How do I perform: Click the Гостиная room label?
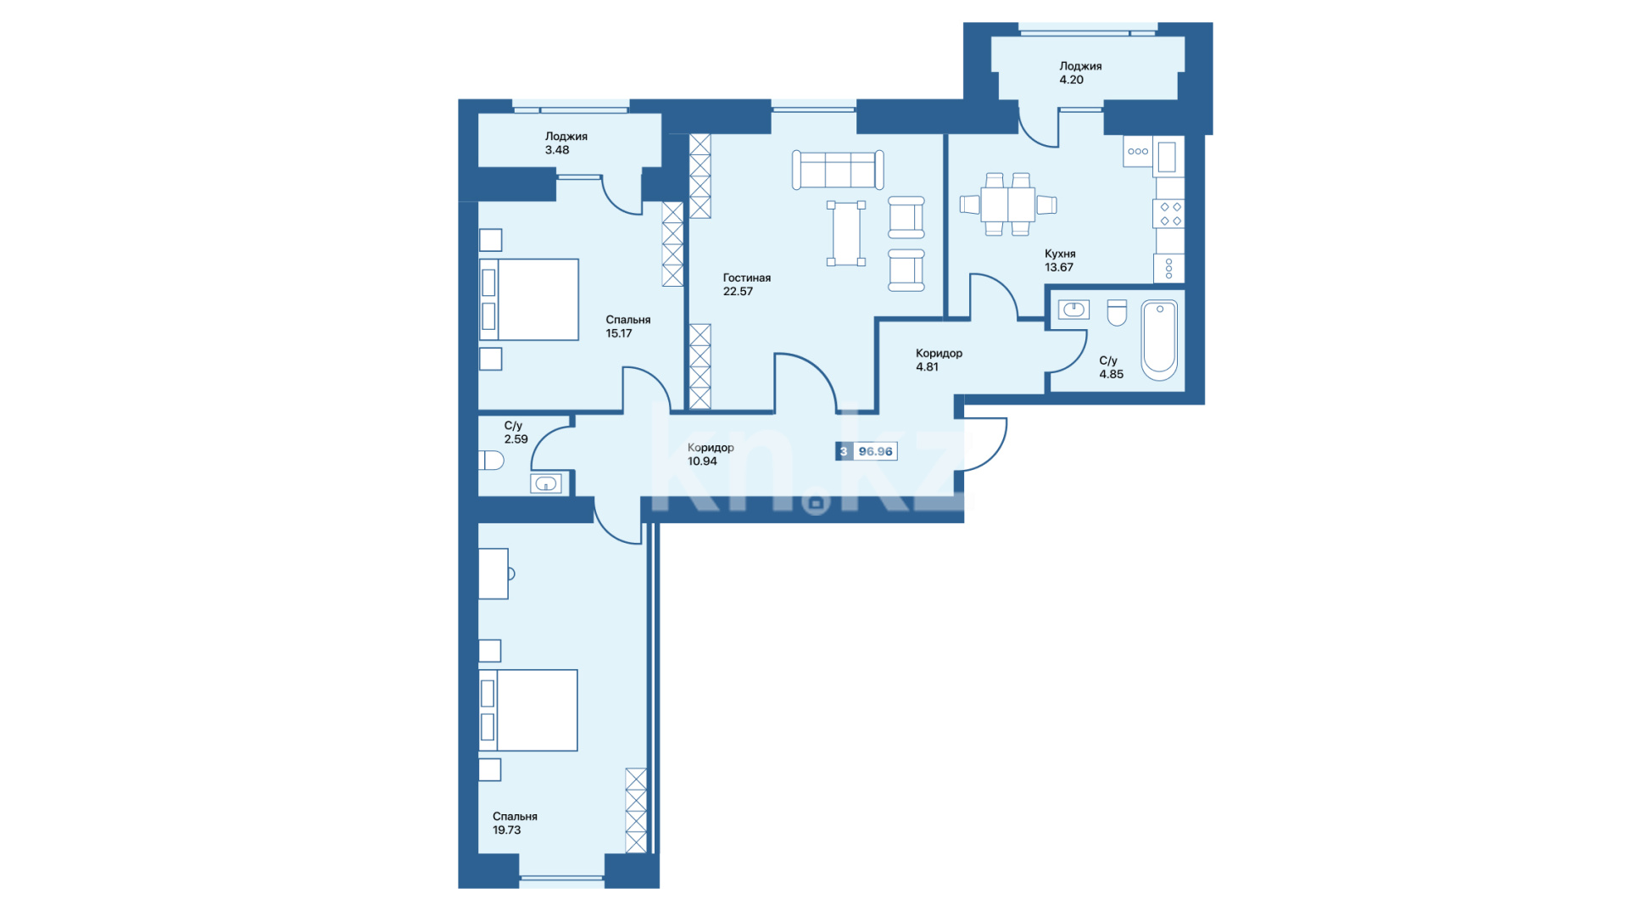coord(746,277)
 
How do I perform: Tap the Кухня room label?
coord(1060,254)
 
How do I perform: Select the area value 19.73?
coord(506,830)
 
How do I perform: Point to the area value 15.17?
coord(619,333)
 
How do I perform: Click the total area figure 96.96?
coord(875,451)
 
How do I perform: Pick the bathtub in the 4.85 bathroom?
coord(1159,339)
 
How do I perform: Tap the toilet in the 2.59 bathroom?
coord(491,461)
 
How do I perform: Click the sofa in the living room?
coord(838,170)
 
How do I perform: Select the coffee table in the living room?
coord(846,234)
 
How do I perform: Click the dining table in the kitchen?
coord(1008,204)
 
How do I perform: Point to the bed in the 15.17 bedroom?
coord(529,299)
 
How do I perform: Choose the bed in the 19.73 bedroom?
coord(528,710)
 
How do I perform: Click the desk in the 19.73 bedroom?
coord(493,574)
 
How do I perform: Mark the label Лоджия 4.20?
coord(1080,73)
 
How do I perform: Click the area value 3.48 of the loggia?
coord(557,150)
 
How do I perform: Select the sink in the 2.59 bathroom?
coord(546,484)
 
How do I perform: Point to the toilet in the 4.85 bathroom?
coord(1117,313)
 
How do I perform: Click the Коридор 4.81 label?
coord(939,360)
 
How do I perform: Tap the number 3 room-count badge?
coord(844,451)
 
